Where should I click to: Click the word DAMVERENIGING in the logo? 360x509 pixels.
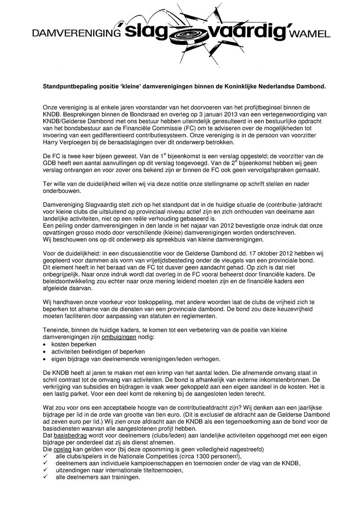76,33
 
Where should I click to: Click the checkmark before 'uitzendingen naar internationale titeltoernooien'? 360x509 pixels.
45,470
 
